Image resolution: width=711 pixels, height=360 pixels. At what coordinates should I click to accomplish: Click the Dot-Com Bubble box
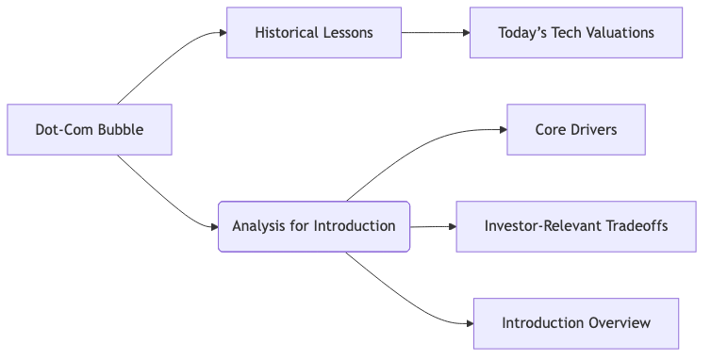pyautogui.click(x=90, y=129)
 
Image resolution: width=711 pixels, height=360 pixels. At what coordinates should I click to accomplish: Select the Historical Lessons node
pyautogui.click(x=314, y=33)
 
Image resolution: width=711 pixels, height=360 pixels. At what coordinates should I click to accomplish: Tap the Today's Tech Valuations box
pyautogui.click(x=575, y=33)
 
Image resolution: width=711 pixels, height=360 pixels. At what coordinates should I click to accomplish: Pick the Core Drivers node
pyautogui.click(x=575, y=129)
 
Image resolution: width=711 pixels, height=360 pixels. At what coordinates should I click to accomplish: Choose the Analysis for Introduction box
pyautogui.click(x=314, y=226)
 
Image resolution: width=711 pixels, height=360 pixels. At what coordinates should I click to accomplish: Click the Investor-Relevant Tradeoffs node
pyautogui.click(x=575, y=226)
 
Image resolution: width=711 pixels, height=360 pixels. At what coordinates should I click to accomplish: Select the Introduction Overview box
pyautogui.click(x=575, y=323)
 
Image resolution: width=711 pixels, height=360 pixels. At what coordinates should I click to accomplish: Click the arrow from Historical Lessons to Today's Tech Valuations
pyautogui.click(x=435, y=33)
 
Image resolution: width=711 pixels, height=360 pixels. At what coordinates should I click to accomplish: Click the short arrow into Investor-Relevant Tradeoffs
pyautogui.click(x=433, y=226)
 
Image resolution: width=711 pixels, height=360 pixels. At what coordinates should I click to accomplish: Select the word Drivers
pyautogui.click(x=594, y=129)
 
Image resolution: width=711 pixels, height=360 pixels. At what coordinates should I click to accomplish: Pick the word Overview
pyautogui.click(x=620, y=323)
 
